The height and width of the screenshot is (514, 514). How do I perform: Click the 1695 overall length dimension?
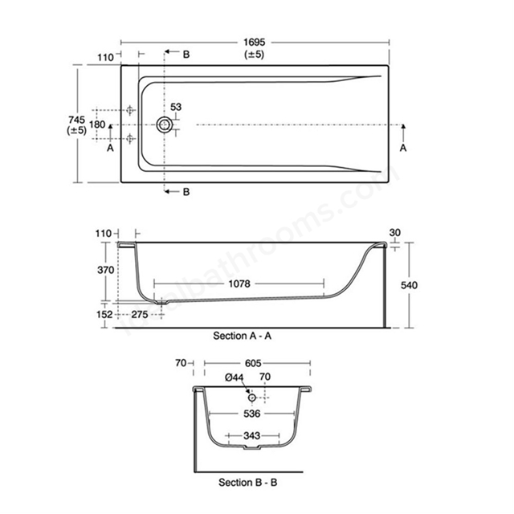254,43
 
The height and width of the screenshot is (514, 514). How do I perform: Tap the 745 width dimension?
77,120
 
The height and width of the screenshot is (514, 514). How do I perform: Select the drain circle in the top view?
165,124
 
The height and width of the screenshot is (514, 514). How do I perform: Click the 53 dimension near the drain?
176,107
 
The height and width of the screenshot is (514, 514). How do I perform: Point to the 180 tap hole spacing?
97,124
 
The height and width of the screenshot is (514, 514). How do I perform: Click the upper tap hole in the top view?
130,110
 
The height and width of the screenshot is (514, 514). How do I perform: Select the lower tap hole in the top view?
130,139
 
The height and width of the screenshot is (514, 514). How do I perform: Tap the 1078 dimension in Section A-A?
239,284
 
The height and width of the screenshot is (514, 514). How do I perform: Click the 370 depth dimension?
105,270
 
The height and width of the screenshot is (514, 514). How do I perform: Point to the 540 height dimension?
409,285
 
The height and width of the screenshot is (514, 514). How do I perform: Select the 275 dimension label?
140,314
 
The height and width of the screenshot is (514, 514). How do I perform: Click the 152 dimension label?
104,314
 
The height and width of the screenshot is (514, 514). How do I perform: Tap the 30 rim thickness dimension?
394,232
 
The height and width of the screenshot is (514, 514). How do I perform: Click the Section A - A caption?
243,336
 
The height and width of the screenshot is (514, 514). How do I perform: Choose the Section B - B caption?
248,483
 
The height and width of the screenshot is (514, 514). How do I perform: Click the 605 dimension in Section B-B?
253,363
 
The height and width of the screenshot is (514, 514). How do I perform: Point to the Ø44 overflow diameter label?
235,377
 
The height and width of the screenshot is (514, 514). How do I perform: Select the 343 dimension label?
251,435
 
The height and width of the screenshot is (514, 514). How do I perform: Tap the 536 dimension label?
251,414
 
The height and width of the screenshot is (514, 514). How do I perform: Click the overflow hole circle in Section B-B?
251,398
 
